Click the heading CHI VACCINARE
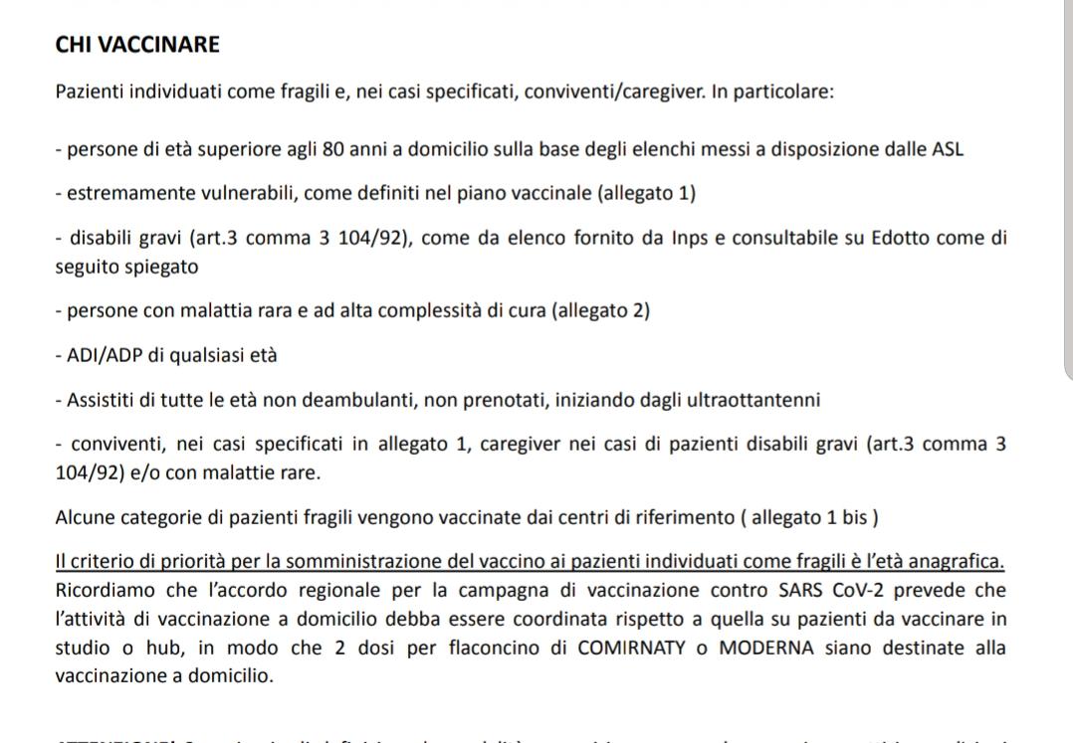pyautogui.click(x=137, y=45)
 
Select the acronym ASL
pyautogui.click(x=947, y=150)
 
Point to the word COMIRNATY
pyautogui.click(x=636, y=650)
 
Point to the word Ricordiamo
pyautogui.click(x=104, y=590)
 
